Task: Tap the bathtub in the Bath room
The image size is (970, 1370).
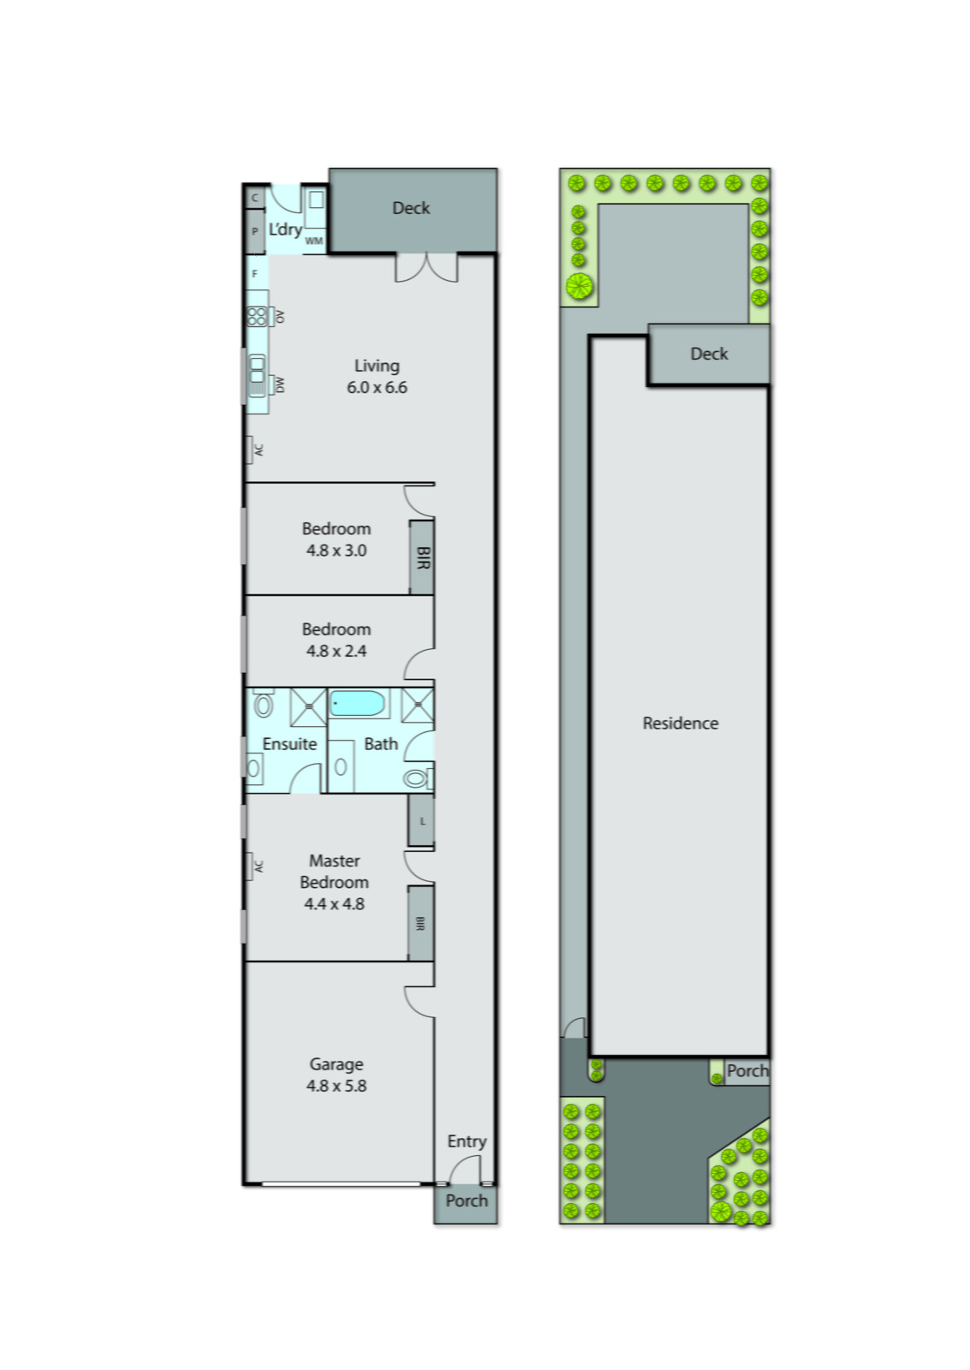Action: click(358, 705)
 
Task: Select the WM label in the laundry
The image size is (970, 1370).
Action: click(314, 241)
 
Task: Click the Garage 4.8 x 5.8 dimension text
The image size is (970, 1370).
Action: click(336, 1086)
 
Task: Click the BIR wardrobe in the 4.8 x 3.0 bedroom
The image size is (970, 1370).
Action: click(421, 557)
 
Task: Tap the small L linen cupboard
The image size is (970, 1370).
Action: click(421, 821)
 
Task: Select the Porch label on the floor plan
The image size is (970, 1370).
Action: click(467, 1201)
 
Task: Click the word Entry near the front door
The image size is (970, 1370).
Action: click(467, 1141)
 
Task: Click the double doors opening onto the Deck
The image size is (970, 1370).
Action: click(426, 267)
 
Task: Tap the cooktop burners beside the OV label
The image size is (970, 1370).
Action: click(257, 317)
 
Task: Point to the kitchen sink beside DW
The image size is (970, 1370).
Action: click(257, 373)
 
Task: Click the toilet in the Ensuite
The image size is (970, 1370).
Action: click(264, 705)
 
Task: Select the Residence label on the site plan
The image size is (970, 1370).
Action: click(681, 724)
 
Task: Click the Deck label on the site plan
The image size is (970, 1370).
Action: click(709, 354)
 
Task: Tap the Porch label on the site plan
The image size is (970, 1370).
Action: click(747, 1071)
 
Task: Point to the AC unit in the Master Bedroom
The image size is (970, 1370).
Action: click(254, 867)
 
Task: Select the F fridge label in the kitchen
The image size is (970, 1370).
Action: click(254, 274)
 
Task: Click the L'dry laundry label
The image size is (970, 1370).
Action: click(285, 229)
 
